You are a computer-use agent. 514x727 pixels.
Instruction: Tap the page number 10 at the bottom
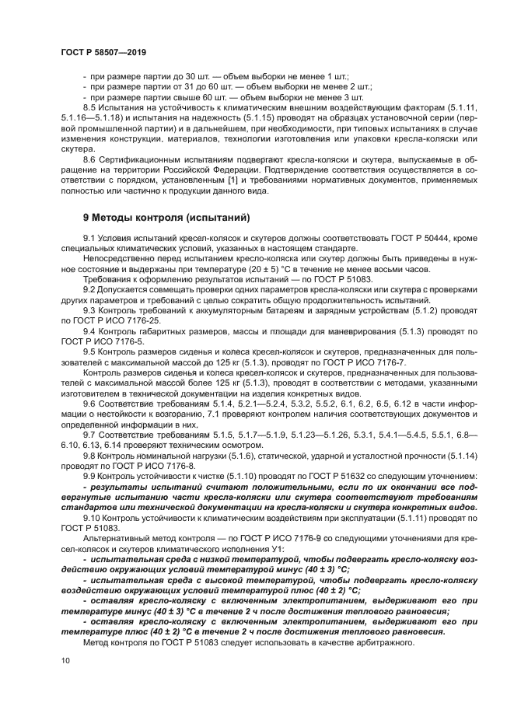click(x=65, y=660)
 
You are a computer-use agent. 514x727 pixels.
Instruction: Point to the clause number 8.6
click(x=90, y=159)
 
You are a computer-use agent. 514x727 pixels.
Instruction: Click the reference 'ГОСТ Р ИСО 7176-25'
click(x=117, y=320)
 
